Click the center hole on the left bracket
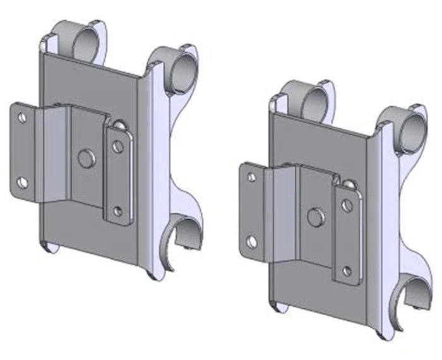[85, 157]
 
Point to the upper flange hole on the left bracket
[22, 118]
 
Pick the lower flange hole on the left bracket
[22, 183]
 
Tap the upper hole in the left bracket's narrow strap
[117, 147]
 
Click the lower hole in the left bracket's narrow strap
[117, 210]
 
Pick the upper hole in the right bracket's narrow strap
[347, 206]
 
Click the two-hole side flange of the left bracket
[25, 152]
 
